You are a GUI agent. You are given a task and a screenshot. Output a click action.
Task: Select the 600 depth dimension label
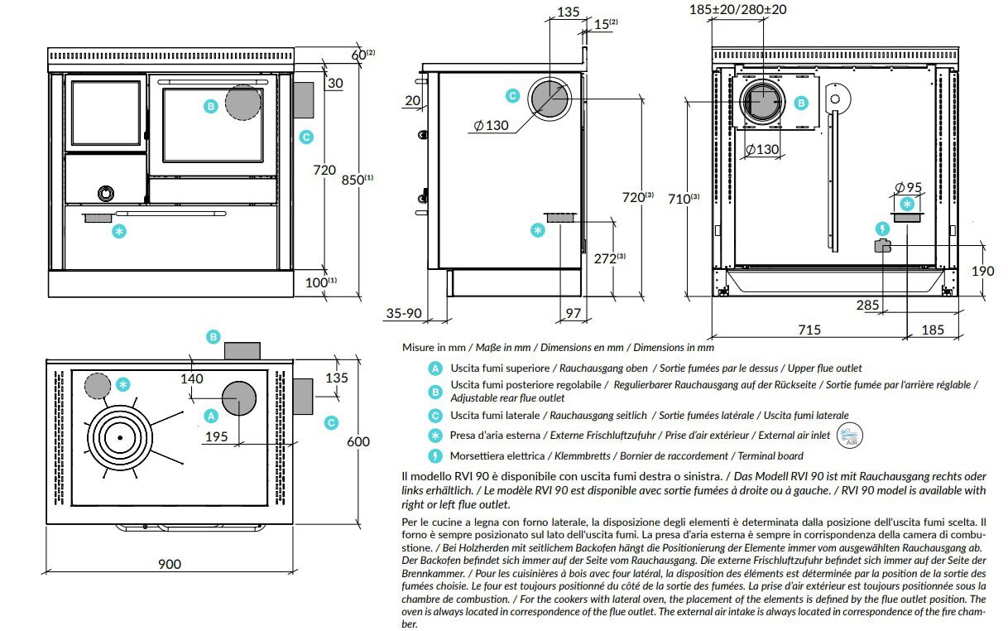[358, 442]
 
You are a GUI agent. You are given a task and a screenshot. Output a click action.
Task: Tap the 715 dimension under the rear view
[809, 330]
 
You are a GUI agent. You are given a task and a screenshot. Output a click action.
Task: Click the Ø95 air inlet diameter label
[909, 187]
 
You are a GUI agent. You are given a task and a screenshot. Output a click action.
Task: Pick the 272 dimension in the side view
[607, 258]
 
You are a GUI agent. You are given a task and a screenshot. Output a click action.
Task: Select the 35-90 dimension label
[404, 313]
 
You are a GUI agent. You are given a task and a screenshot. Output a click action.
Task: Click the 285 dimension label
[867, 306]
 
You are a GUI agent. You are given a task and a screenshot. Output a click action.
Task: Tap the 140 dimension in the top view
[191, 378]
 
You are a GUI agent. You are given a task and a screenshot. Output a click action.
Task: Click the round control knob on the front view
[106, 193]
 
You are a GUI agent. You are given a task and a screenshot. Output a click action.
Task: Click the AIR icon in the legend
[850, 435]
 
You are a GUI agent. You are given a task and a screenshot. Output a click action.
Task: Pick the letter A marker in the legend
[434, 368]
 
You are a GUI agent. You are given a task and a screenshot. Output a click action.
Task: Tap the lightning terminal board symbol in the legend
[434, 455]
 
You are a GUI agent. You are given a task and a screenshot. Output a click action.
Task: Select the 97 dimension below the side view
[573, 312]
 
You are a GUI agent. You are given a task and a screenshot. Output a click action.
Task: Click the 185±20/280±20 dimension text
[737, 10]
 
